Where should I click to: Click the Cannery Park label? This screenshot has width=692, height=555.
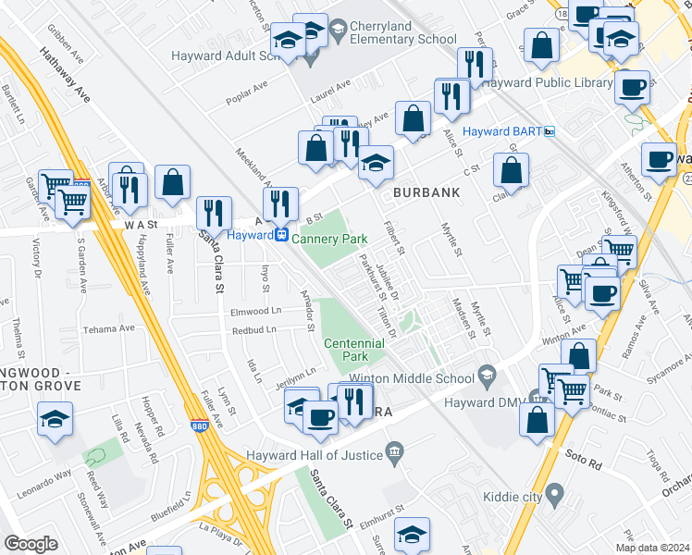329,239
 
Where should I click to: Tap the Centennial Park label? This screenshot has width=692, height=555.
352,350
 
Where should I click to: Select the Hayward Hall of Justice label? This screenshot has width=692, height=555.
315,455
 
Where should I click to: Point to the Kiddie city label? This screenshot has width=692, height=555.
513,498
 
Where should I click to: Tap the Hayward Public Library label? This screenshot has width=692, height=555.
547,82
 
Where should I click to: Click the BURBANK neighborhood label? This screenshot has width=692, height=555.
426,192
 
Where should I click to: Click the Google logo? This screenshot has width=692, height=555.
31,543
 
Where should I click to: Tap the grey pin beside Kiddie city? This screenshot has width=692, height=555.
554,498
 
